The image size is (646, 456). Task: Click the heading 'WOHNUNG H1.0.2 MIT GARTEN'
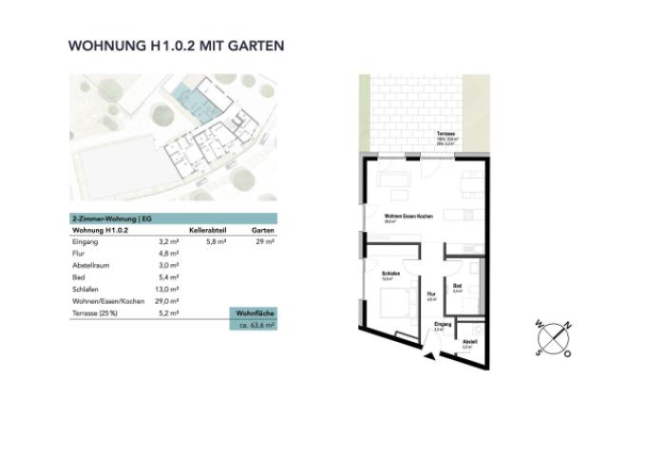pyautogui.click(x=177, y=45)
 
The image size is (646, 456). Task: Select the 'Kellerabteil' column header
pyautogui.click(x=206, y=231)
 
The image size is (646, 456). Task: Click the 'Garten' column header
pyautogui.click(x=264, y=231)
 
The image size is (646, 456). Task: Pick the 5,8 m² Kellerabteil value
pyautogui.click(x=216, y=243)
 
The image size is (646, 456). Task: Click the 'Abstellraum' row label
pyautogui.click(x=93, y=266)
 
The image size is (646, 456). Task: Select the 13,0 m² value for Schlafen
pyautogui.click(x=168, y=289)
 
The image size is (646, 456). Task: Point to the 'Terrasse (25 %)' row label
pyautogui.click(x=99, y=312)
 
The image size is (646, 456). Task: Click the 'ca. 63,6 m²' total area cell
pyautogui.click(x=256, y=325)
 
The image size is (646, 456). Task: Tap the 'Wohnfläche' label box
pyautogui.click(x=255, y=313)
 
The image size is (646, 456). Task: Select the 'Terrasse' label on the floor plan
pyautogui.click(x=445, y=134)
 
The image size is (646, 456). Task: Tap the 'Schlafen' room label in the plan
pyautogui.click(x=389, y=275)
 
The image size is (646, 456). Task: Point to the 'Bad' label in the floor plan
pyautogui.click(x=457, y=286)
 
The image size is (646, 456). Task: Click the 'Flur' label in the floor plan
pyautogui.click(x=430, y=294)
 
